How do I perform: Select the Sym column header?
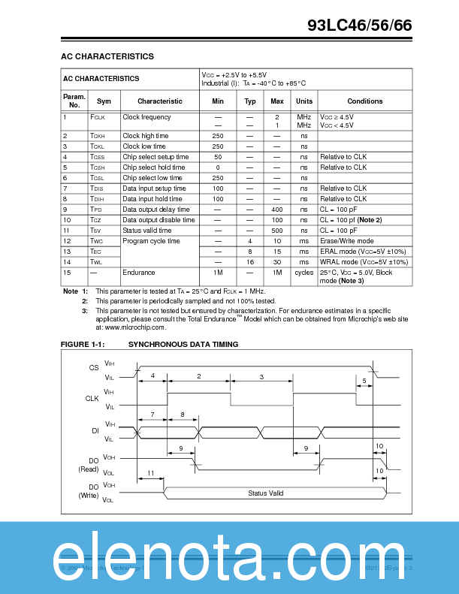tap(104, 101)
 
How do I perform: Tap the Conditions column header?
tap(364, 101)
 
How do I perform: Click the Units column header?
tap(303, 101)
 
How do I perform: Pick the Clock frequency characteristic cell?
tap(146, 117)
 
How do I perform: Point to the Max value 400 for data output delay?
tap(276, 210)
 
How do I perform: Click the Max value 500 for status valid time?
tap(276, 231)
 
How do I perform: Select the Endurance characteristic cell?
tap(139, 273)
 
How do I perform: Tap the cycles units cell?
tap(303, 273)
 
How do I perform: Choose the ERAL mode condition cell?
tap(364, 252)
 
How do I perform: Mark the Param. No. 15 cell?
tap(67, 273)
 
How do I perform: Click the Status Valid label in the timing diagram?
tap(266, 493)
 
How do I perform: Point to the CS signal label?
tap(94, 368)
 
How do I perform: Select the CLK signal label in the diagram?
tap(92, 399)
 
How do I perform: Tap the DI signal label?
tap(95, 430)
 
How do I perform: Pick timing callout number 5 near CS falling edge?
tap(364, 381)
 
